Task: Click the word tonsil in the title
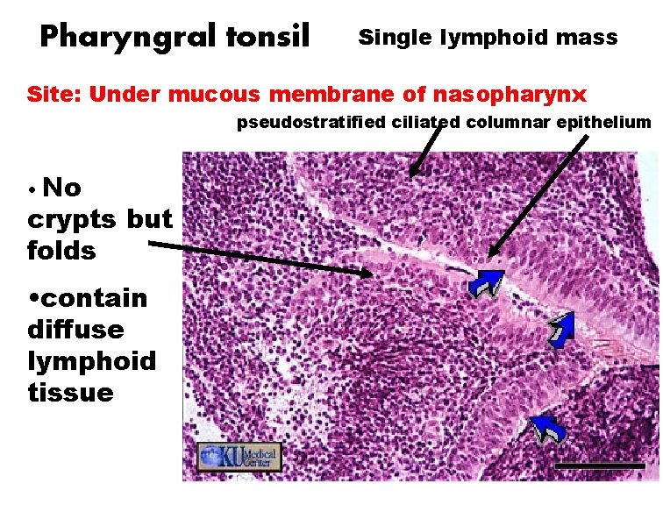(267, 36)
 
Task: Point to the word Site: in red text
(54, 94)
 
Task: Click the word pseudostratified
(311, 122)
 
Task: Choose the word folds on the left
(61, 251)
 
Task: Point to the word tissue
(70, 393)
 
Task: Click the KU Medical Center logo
(239, 456)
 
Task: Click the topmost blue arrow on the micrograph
(485, 282)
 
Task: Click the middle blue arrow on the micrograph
(561, 328)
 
